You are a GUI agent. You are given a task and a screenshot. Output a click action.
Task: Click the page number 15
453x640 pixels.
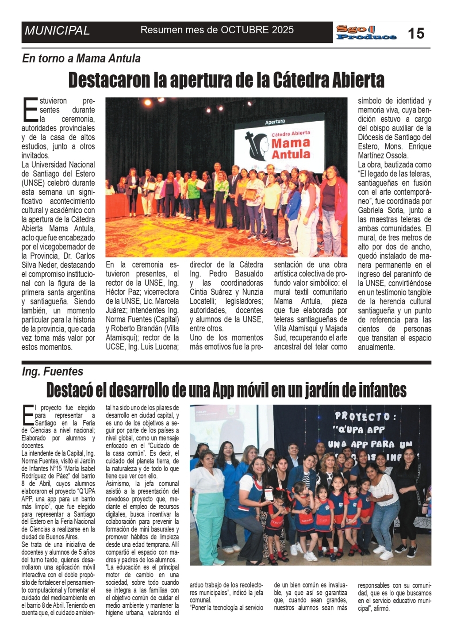click(x=416, y=33)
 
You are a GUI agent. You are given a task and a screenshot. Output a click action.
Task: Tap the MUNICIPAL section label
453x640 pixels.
click(x=57, y=31)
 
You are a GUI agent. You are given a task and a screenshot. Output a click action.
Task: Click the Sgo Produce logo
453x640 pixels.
click(x=365, y=33)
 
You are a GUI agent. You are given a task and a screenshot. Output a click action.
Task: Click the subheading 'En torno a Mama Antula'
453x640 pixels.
click(x=81, y=58)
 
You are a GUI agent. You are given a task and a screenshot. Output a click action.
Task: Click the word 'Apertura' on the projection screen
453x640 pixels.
click(x=275, y=122)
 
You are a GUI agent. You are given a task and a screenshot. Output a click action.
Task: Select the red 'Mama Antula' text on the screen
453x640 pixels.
click(x=291, y=148)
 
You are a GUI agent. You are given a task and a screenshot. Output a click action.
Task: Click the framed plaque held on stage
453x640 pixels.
click(x=251, y=194)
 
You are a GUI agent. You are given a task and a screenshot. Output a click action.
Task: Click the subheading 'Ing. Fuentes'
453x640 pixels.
click(x=53, y=372)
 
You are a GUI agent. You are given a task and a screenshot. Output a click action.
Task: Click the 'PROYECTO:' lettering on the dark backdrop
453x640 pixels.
click(x=362, y=416)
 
